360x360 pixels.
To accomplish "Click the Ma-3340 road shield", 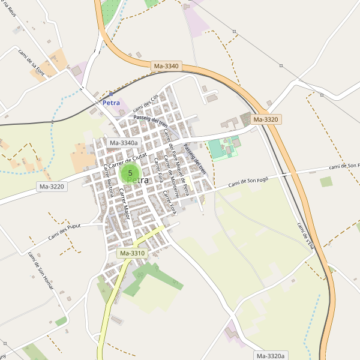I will [x=166, y=66].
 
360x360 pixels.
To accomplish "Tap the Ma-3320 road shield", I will [x=266, y=119].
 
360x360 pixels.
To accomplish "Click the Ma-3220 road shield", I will [x=52, y=187].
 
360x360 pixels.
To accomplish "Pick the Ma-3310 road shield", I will [x=133, y=253].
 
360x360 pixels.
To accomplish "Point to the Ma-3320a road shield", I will [x=271, y=356].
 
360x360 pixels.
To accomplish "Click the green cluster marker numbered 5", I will [x=130, y=173].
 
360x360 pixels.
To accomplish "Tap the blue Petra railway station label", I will [x=111, y=103].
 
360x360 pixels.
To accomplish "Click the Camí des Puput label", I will [x=66, y=232].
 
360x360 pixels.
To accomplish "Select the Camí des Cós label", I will [x=146, y=103].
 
